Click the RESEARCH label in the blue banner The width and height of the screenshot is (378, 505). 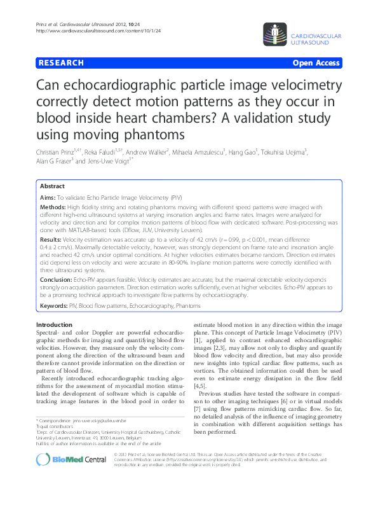click(61, 63)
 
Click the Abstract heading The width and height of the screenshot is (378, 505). click(52, 186)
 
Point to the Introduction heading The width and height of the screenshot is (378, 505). click(55, 325)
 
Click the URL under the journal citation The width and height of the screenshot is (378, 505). click(100, 31)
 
